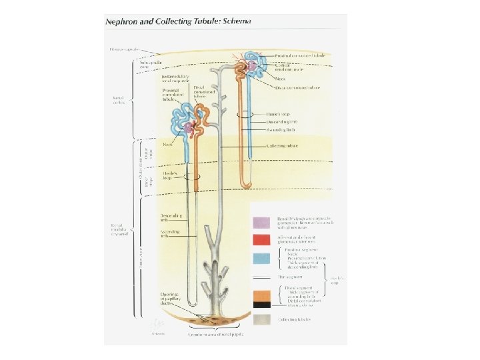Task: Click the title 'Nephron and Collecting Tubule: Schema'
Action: coord(177,21)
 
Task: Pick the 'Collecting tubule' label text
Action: coord(283,145)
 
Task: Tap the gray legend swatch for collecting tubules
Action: coord(261,319)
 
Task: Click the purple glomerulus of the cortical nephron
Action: coord(251,65)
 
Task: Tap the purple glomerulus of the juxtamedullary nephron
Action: coord(191,126)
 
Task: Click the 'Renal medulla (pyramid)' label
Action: coord(121,230)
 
